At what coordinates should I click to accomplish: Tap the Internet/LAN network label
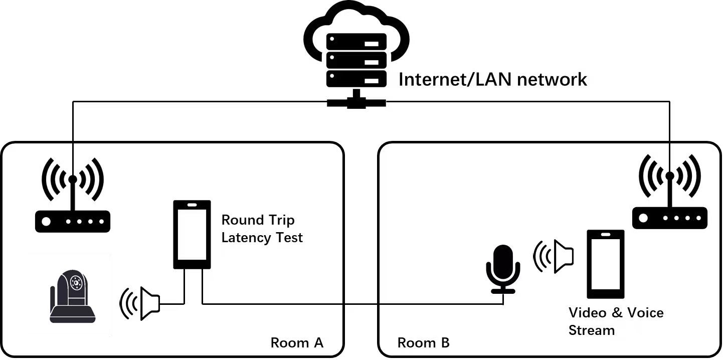[x=492, y=79]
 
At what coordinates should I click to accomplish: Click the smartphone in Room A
[x=191, y=235]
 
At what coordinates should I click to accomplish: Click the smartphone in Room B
[x=606, y=264]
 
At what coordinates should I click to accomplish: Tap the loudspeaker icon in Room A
[x=140, y=303]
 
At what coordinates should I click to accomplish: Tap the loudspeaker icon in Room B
[x=554, y=256]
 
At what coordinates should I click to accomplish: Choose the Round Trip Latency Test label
[x=262, y=229]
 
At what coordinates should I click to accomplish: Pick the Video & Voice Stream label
[x=616, y=321]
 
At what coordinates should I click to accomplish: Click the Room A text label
[x=297, y=343]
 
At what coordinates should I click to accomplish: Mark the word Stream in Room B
[x=592, y=330]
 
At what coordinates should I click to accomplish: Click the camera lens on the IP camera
[x=76, y=282]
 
